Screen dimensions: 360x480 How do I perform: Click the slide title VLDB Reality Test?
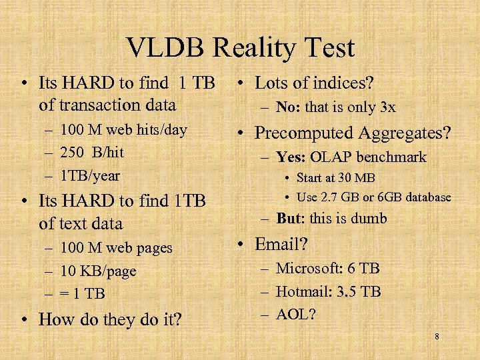point(240,48)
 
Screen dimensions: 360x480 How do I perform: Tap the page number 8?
point(437,337)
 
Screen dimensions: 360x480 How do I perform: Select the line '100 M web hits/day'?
point(123,129)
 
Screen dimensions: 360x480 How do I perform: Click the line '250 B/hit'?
point(91,152)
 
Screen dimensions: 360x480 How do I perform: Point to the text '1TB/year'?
point(90,175)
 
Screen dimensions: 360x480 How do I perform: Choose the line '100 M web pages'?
point(116,248)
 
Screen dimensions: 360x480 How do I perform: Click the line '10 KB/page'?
point(97,271)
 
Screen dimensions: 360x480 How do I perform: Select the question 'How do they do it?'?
point(109,319)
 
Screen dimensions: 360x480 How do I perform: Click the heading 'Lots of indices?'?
point(314,83)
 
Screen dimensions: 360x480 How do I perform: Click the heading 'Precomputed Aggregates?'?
point(353,133)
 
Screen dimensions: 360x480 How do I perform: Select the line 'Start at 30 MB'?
point(335,178)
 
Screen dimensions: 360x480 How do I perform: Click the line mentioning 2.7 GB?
point(373,197)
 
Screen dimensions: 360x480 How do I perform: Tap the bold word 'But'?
point(289,219)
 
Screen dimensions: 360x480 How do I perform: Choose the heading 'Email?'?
point(281,244)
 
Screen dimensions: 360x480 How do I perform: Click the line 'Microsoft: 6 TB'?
point(327,269)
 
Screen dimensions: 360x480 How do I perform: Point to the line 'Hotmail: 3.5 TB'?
point(328,291)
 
